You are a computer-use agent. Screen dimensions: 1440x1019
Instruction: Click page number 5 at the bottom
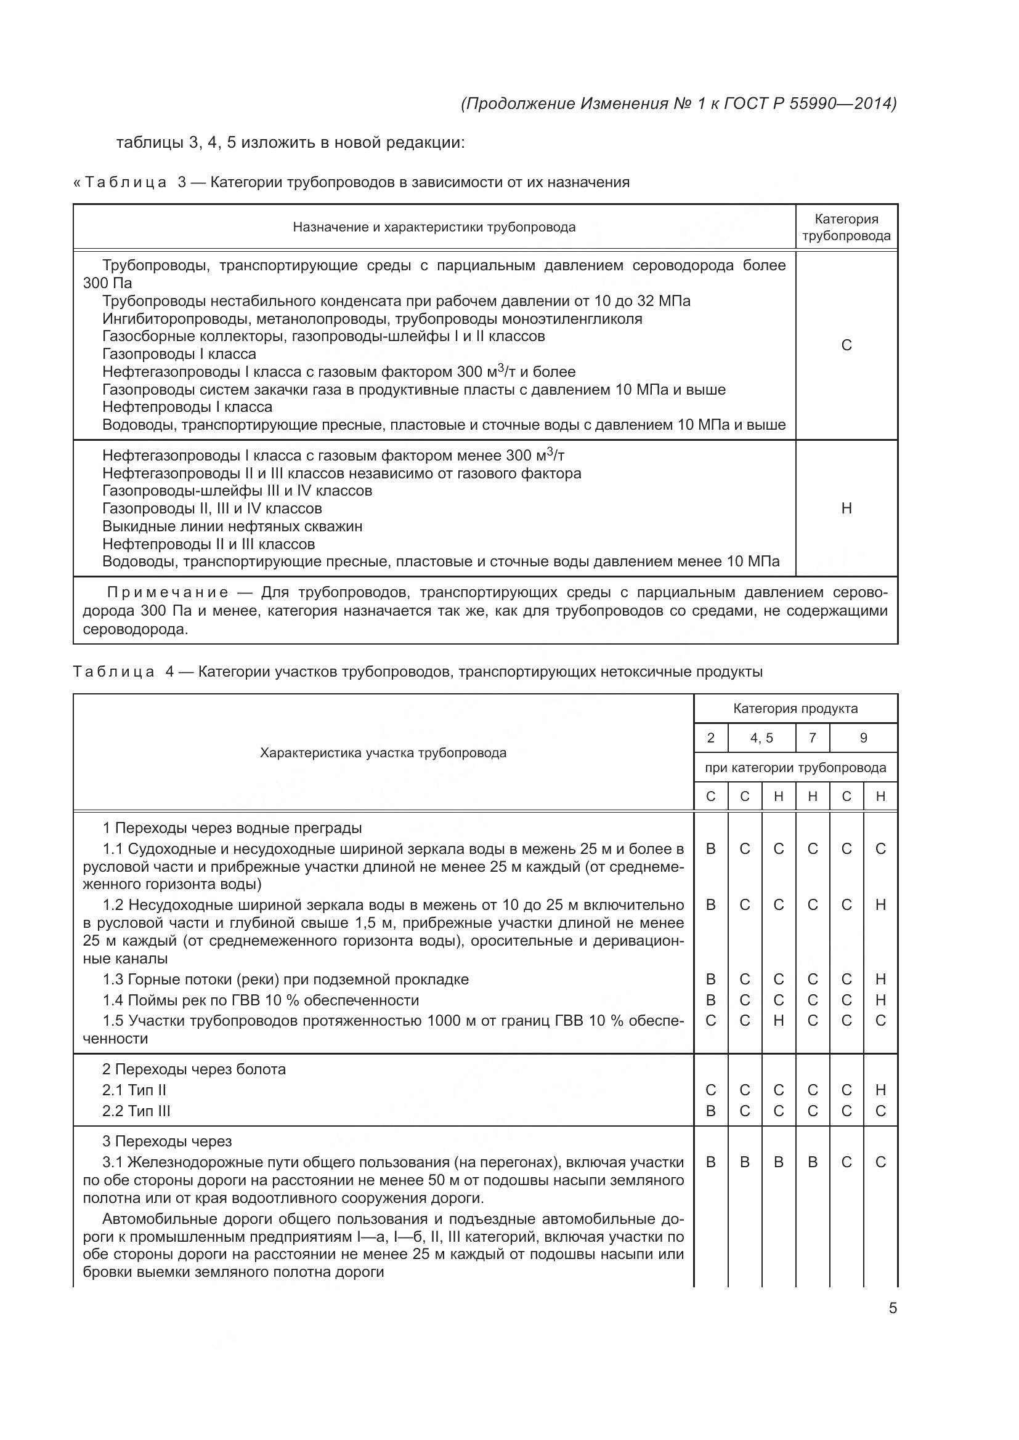pos(892,1308)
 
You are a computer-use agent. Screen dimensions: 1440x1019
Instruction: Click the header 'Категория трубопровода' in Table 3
pos(846,227)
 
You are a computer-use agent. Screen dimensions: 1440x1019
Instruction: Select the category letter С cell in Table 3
pos(846,345)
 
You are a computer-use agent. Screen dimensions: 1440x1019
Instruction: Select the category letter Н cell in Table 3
pos(846,508)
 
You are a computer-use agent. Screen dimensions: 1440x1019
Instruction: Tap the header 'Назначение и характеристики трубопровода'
pos(434,227)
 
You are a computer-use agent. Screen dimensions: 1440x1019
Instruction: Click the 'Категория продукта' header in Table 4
pos(795,709)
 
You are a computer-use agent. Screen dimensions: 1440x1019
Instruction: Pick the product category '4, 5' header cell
pos(761,738)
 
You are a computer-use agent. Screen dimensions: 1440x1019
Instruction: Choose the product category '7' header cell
pos(812,738)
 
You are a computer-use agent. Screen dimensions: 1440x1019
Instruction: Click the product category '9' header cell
pos(863,738)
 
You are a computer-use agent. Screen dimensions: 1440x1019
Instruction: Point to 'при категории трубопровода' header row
pos(795,768)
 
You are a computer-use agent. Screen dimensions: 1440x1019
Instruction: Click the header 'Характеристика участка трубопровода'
pos(383,752)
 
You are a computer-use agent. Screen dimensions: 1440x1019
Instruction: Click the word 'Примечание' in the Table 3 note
pos(168,593)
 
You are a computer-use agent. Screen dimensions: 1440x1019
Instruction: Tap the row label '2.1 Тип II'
pos(134,1091)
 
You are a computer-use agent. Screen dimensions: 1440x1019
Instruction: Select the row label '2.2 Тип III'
pos(136,1111)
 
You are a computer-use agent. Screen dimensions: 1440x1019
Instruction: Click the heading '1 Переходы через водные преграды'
pos(232,828)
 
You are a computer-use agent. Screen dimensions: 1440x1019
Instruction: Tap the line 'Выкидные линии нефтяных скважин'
pos(232,526)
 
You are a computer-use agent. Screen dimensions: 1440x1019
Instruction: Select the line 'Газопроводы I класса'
pos(179,354)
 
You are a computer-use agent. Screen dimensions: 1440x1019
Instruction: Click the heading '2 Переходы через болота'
pos(193,1069)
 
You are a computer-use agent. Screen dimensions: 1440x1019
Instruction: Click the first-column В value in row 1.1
pos(710,849)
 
